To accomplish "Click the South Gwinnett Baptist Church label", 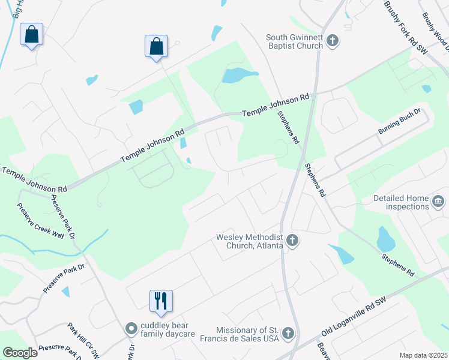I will (x=294, y=41).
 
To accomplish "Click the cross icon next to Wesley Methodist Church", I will (x=292, y=241).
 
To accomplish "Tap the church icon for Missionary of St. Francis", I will (x=288, y=333).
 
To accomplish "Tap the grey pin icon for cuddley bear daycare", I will (x=130, y=329).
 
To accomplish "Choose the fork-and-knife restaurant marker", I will (x=161, y=301).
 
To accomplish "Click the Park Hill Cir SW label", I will (x=83, y=341).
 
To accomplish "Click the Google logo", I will (x=20, y=353).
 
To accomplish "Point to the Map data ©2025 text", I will (x=424, y=355).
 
